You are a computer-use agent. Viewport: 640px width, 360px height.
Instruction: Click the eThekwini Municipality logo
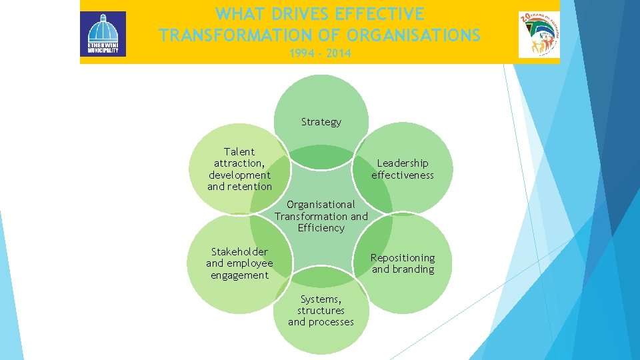(103, 34)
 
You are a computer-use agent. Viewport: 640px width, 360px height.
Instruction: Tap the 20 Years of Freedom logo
(539, 34)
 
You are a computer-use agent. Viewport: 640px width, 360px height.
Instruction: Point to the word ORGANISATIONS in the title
(414, 35)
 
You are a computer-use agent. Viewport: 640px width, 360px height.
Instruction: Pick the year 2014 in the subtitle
(339, 53)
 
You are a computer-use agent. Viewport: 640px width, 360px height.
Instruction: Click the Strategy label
(321, 122)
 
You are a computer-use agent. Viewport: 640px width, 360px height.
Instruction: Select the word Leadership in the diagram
(403, 163)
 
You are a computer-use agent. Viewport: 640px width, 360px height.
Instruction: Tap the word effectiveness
(403, 175)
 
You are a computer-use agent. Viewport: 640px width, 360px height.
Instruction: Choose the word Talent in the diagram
(239, 152)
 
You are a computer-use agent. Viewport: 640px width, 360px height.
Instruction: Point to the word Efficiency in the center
(321, 228)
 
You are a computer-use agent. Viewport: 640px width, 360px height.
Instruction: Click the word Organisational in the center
(321, 205)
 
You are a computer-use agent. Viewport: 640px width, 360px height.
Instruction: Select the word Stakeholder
(239, 252)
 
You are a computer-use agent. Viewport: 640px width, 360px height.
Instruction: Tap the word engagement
(239, 275)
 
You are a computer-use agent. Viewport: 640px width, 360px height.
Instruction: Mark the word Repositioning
(403, 258)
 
